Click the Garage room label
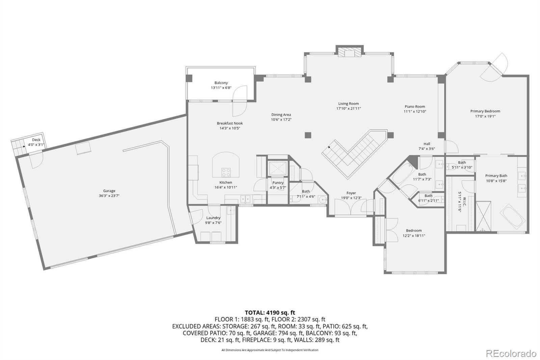point(109,191)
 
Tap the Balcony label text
point(221,83)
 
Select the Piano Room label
point(415,107)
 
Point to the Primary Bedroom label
point(485,111)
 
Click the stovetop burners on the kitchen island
point(226,173)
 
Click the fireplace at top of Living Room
point(349,52)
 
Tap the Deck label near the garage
point(36,140)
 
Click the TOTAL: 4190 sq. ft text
point(270,312)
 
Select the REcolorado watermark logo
point(511,353)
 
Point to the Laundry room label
point(213,218)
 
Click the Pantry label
point(278,183)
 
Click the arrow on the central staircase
point(329,147)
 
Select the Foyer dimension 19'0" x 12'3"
point(351,198)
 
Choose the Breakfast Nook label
point(230,123)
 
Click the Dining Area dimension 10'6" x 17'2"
point(281,120)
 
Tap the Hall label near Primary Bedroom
point(427,144)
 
